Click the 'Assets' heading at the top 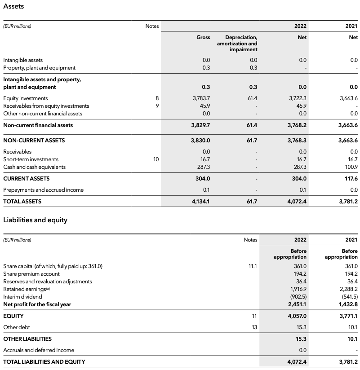(13, 6)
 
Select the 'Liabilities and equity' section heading (35, 220)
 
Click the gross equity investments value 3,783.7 (201, 98)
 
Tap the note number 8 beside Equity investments (157, 98)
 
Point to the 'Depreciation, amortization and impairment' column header (237, 43)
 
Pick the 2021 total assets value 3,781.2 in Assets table (348, 202)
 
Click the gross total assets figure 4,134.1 (200, 202)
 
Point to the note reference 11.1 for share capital (253, 266)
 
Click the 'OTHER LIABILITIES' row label (27, 339)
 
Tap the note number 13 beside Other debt (254, 327)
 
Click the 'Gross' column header (203, 37)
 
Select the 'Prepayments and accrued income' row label (43, 190)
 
